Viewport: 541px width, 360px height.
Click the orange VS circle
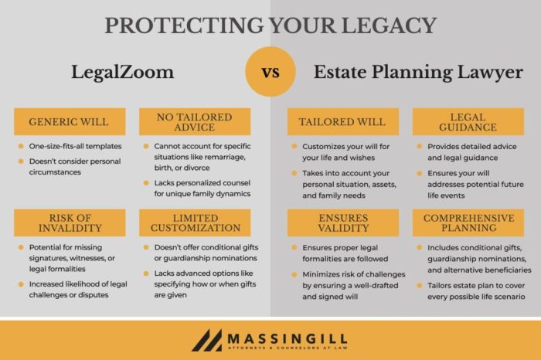[270, 74]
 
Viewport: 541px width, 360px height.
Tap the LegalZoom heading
[123, 73]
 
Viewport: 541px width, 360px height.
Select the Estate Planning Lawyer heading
[418, 73]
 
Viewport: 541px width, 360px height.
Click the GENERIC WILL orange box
[70, 122]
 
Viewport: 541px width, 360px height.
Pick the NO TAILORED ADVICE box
[195, 122]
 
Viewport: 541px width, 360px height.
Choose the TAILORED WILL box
[343, 122]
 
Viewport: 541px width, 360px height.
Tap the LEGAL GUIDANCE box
[468, 122]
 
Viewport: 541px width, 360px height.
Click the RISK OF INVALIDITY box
[70, 222]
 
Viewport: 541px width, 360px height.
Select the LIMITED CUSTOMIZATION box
[195, 222]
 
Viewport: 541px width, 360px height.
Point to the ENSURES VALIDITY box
[343, 222]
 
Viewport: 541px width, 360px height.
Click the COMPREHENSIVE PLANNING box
[468, 222]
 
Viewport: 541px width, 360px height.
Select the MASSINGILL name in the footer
[288, 337]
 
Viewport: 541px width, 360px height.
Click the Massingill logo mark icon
[206, 340]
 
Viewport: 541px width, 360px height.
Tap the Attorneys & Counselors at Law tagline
[288, 349]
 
